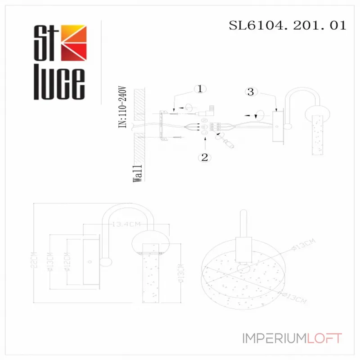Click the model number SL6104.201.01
click(x=288, y=25)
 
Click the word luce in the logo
click(x=59, y=85)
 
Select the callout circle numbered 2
click(x=205, y=157)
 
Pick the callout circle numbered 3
click(x=251, y=92)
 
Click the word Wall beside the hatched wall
click(x=138, y=173)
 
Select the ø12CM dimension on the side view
click(x=66, y=262)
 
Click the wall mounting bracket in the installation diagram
click(x=165, y=126)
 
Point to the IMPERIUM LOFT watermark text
click(x=292, y=338)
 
